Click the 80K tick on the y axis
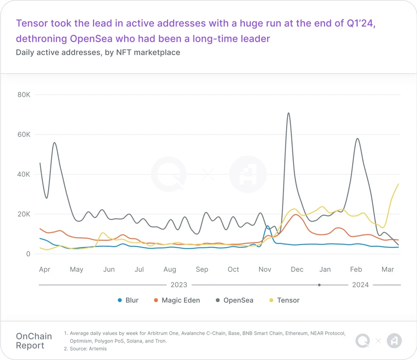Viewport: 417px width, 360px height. point(23,95)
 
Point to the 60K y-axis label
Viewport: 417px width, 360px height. point(23,135)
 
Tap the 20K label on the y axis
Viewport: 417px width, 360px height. point(23,214)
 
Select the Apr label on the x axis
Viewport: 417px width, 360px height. point(45,269)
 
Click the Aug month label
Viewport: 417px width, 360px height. point(170,269)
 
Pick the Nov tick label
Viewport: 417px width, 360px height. point(265,269)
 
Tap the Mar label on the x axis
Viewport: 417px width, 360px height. point(387,269)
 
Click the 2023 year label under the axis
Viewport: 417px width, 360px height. point(179,285)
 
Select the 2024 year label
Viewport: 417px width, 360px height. point(360,285)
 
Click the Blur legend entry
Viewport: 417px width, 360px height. point(128,300)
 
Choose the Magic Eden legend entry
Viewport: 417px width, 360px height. point(177,300)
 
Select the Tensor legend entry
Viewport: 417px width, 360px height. point(284,300)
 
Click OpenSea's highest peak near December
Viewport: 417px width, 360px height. point(288,113)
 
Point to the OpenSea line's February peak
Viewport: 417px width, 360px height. point(358,138)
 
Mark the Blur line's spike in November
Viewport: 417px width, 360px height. point(267,226)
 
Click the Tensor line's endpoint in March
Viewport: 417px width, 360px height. point(398,184)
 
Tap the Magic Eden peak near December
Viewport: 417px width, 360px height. point(295,215)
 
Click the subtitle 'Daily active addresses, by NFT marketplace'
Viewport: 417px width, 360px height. point(98,52)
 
